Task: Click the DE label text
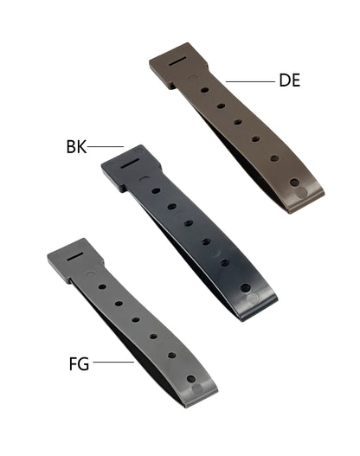tap(290, 80)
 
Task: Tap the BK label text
tap(76, 146)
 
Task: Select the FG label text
tap(79, 363)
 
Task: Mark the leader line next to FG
tap(112, 363)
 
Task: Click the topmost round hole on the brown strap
tap(204, 88)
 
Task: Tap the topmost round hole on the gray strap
tap(102, 284)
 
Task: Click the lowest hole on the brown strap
tap(294, 184)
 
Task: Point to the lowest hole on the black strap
tap(246, 287)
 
